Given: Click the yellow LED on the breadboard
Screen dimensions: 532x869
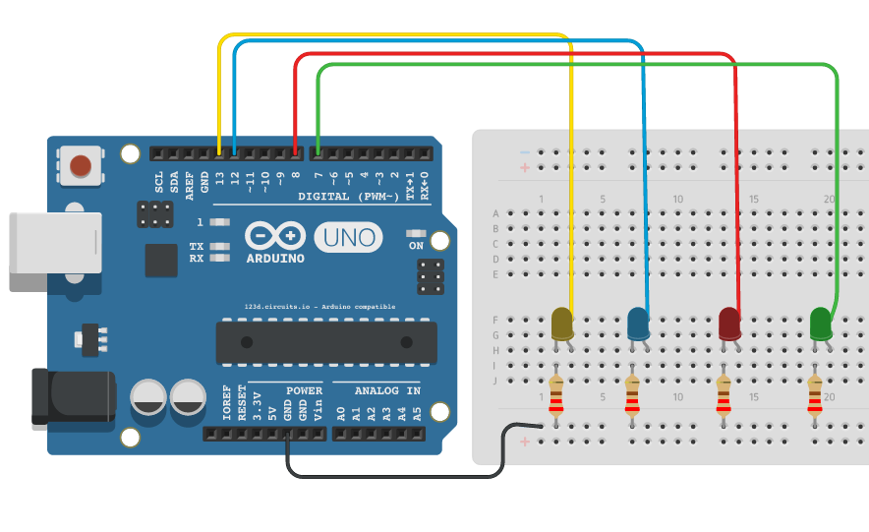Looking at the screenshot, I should coord(562,323).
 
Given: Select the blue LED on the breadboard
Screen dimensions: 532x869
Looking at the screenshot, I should coord(638,323).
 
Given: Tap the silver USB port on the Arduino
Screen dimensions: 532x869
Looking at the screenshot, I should coord(54,252).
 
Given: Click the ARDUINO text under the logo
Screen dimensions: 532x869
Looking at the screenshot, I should coord(274,259).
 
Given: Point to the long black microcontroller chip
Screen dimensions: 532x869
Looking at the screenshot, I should coord(325,341).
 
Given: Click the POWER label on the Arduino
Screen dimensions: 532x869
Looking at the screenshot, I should coord(304,390).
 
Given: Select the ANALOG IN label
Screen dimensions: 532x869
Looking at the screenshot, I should coord(387,390).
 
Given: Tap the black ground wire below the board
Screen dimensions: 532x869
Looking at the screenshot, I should coord(393,477).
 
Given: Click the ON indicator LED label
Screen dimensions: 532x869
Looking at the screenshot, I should coord(416,245).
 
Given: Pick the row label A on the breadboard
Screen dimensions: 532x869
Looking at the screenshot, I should coord(495,213).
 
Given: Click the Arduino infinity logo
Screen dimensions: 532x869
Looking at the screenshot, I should coord(276,236).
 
